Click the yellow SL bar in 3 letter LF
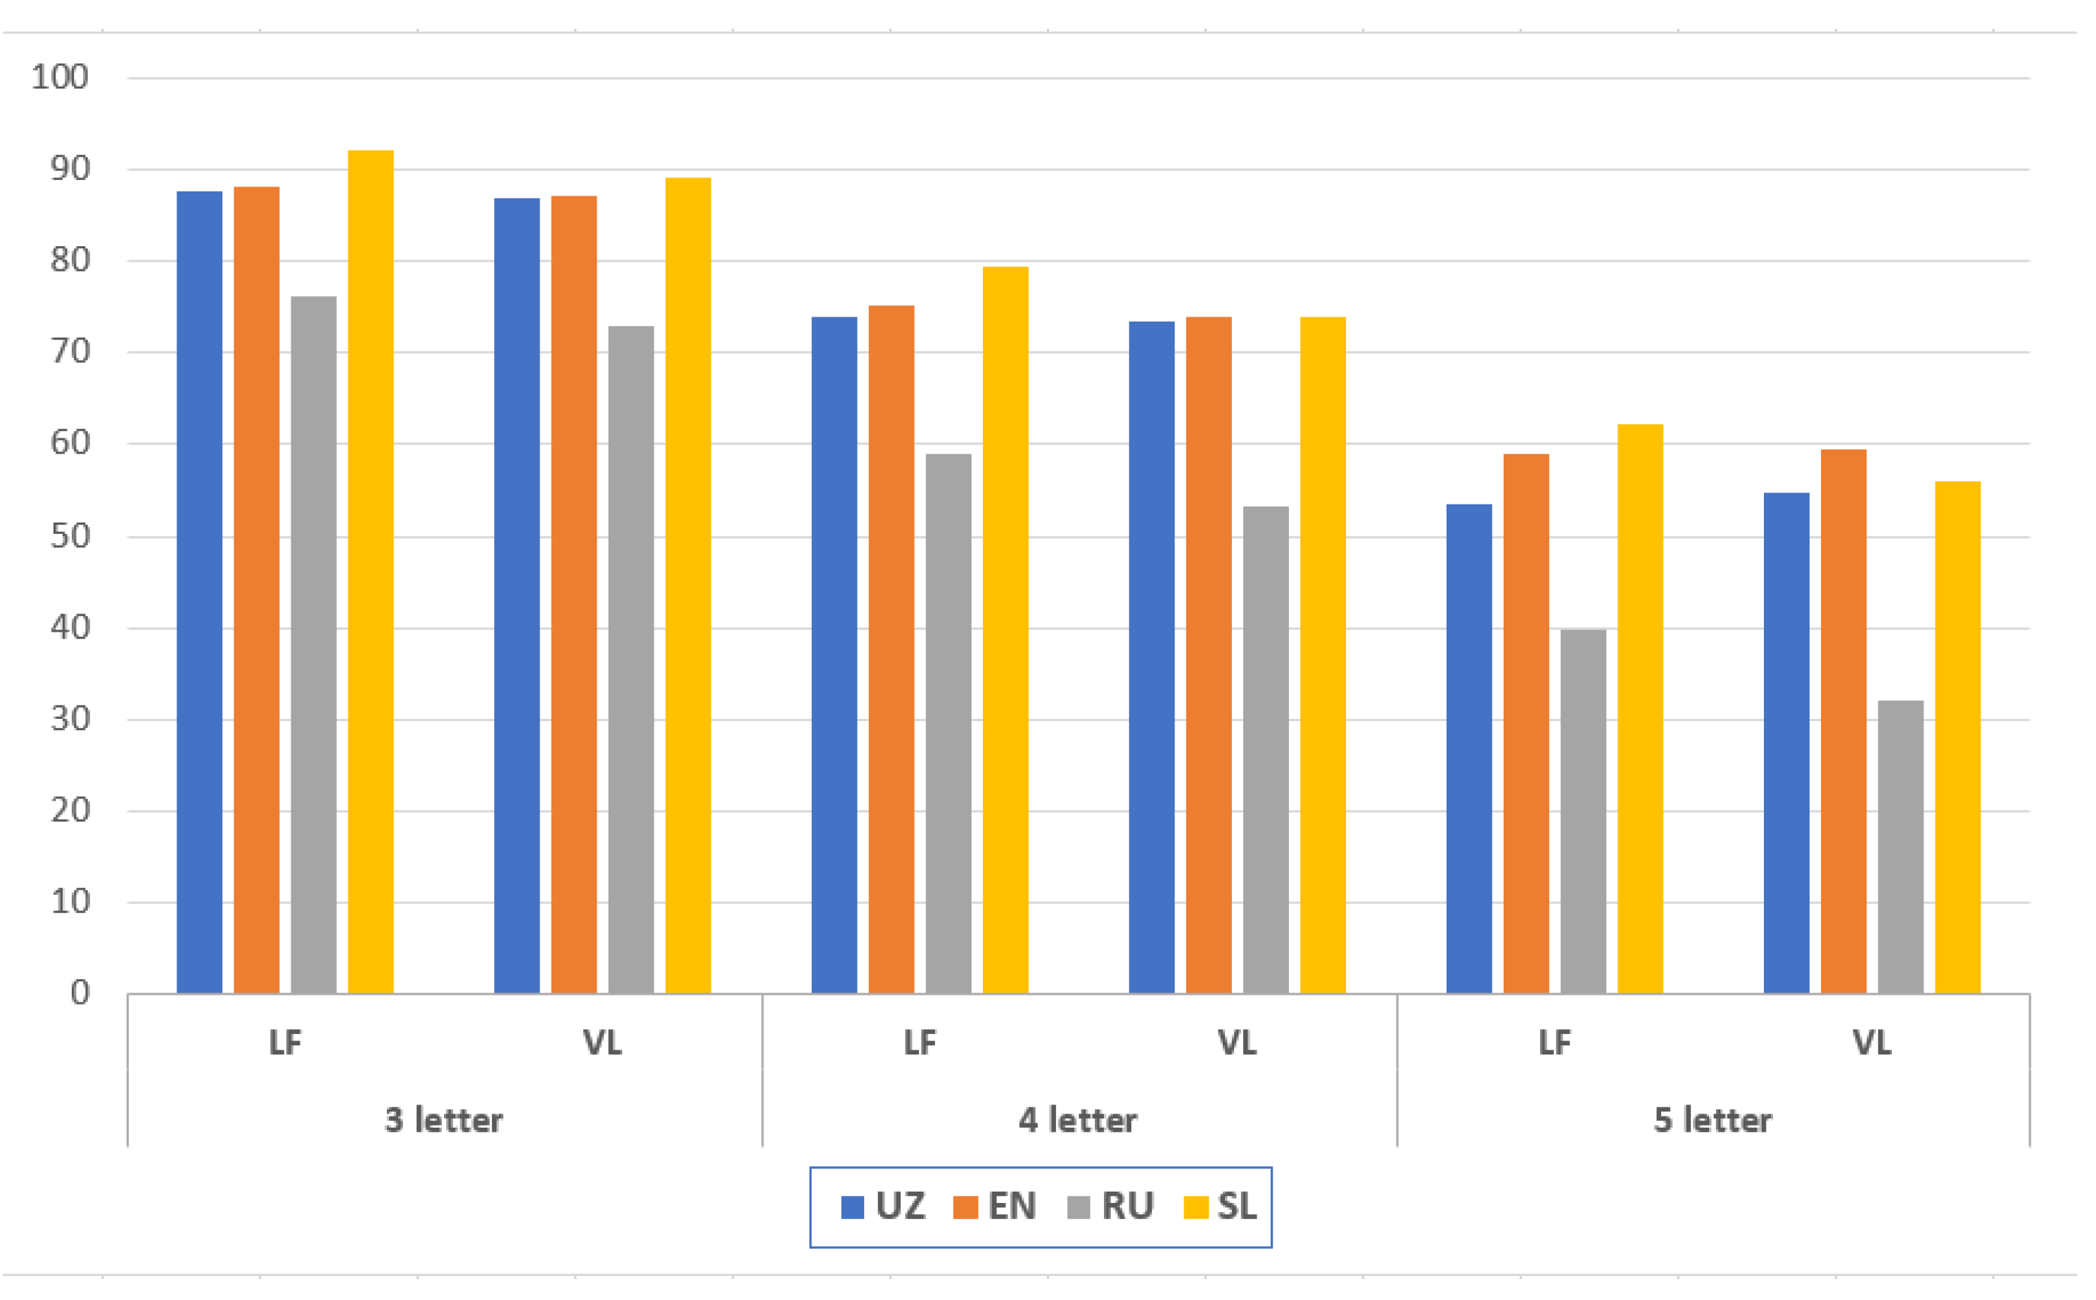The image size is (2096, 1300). click(x=371, y=572)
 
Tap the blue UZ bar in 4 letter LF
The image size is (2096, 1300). click(x=834, y=655)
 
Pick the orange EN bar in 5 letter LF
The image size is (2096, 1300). click(x=1526, y=723)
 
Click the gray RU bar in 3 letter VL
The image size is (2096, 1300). click(x=630, y=659)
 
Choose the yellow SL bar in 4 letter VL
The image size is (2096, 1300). click(x=1322, y=655)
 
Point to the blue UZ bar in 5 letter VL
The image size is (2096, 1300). click(x=1786, y=743)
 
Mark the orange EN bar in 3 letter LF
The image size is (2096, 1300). click(x=256, y=590)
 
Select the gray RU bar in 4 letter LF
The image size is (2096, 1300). click(x=948, y=723)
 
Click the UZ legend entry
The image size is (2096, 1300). click(x=883, y=1207)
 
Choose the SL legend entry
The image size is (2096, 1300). click(x=1220, y=1207)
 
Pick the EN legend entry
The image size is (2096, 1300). click(x=995, y=1207)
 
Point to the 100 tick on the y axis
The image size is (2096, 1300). click(x=61, y=77)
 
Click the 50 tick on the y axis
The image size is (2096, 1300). click(x=70, y=537)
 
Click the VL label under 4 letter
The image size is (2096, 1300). click(x=1236, y=1043)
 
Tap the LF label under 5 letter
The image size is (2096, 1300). click(x=1554, y=1043)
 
